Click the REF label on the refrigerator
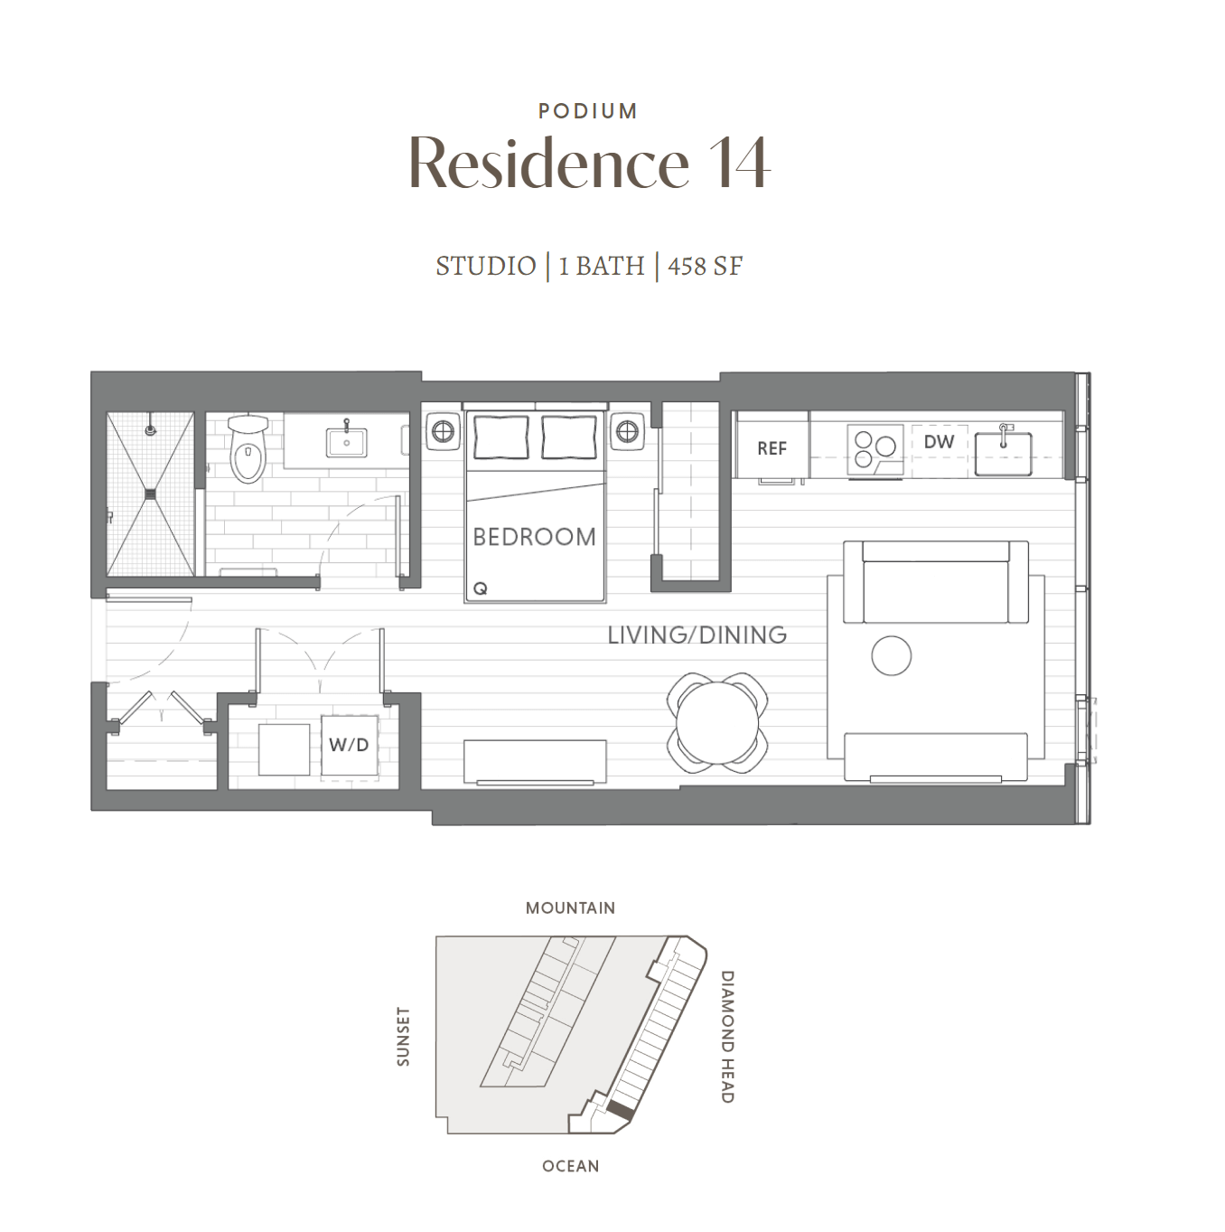771,448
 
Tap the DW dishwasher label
939,441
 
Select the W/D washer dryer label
349,744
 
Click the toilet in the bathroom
248,447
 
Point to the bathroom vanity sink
346,442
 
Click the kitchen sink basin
1004,454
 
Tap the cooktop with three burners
874,450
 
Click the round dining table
717,722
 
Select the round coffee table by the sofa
891,655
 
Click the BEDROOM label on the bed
534,537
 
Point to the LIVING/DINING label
697,635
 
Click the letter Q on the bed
480,588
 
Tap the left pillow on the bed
501,437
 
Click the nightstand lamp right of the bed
627,431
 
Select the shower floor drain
151,494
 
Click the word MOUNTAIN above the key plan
570,908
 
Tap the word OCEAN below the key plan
571,1166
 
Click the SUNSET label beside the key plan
403,1037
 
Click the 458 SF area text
705,266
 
